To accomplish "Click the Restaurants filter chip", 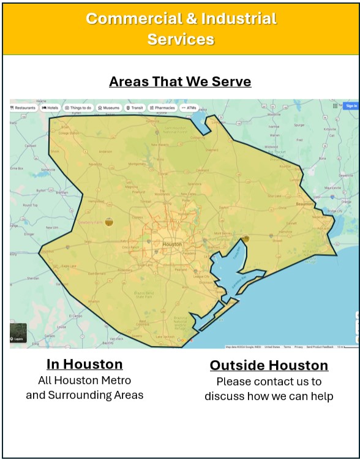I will click(23, 108).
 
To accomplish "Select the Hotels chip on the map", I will click(50, 108).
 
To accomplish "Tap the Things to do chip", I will click(78, 108).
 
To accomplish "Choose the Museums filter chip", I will click(109, 108).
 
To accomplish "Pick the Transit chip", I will click(135, 108).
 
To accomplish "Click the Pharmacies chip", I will click(162, 108).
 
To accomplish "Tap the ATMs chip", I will click(189, 108).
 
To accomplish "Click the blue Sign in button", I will click(351, 106).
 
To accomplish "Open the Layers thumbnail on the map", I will click(18, 333).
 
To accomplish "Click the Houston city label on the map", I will click(172, 244).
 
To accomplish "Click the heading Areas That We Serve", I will click(180, 81).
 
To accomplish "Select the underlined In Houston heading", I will click(84, 364).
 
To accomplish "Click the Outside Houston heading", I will click(269, 366).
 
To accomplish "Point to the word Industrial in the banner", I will click(234, 18).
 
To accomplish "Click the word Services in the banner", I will click(180, 39).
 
